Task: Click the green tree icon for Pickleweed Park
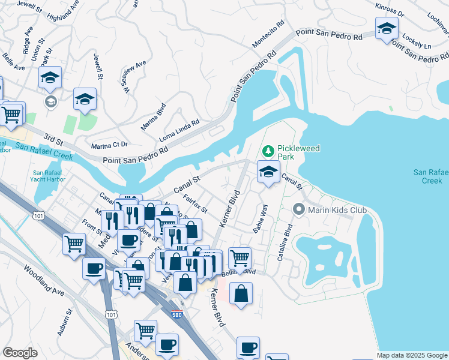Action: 268,150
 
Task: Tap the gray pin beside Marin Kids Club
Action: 299,210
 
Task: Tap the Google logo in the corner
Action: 20,353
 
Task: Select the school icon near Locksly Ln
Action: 387,29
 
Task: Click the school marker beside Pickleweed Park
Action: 268,172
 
